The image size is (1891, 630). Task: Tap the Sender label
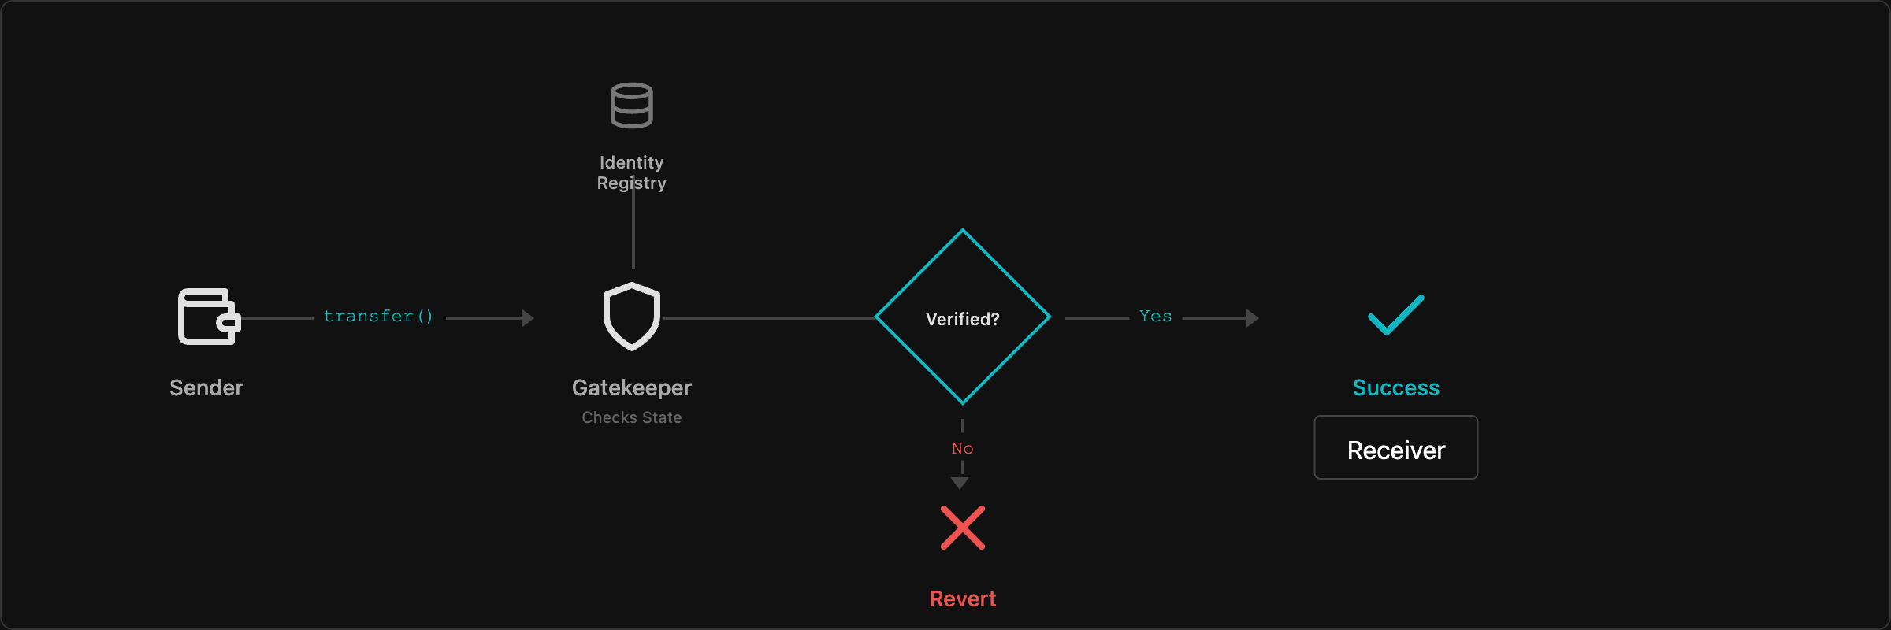tap(206, 387)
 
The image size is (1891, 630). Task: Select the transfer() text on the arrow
tap(378, 317)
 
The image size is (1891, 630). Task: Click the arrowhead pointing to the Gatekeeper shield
tap(528, 318)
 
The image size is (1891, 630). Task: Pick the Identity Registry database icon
tap(632, 105)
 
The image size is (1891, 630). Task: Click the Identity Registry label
tap(632, 172)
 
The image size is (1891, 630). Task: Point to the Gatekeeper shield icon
tap(632, 317)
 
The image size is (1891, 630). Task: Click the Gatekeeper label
tap(632, 387)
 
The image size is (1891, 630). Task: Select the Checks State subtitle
tap(632, 417)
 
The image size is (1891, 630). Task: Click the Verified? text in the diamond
tap(963, 319)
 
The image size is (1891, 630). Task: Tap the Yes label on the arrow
tap(1155, 317)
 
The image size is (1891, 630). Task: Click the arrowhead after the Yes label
tap(1253, 318)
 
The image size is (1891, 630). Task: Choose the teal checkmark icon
tap(1395, 315)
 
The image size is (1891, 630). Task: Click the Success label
tap(1395, 387)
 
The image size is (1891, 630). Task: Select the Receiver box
tap(1395, 448)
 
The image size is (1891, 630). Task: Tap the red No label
tap(962, 448)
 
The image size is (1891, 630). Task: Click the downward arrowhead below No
tap(960, 483)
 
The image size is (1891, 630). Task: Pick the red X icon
tap(963, 528)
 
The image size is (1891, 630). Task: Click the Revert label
tap(963, 598)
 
